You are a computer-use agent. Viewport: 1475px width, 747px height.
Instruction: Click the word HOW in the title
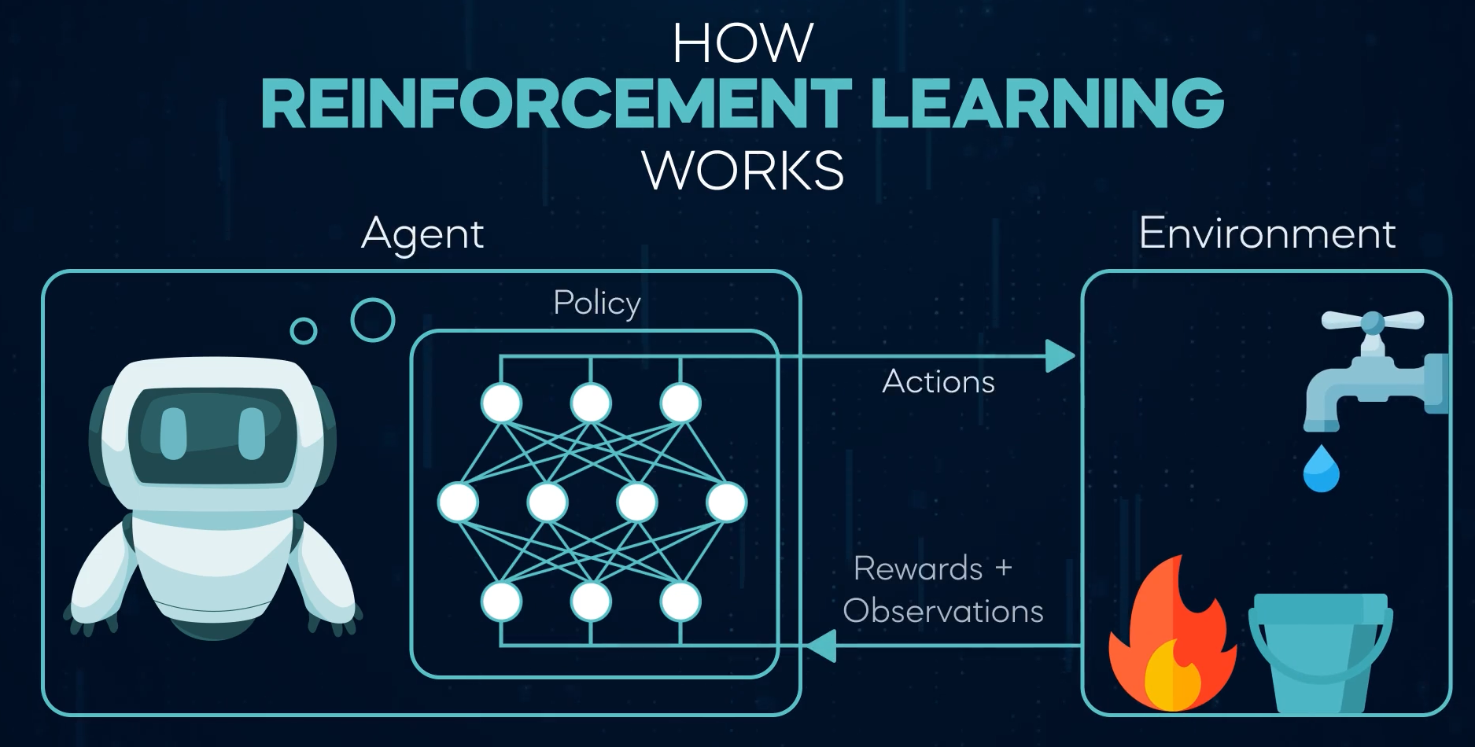tap(743, 44)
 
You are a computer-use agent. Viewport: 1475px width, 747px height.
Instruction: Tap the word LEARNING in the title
tap(1048, 104)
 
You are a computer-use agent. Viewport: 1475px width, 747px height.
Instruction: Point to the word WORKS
tap(743, 169)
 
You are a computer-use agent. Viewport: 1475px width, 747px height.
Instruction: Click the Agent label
tap(422, 234)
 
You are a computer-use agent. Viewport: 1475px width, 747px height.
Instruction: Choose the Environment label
tap(1267, 234)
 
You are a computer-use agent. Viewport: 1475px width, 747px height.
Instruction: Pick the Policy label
tap(597, 303)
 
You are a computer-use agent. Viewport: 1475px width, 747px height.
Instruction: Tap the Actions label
tap(938, 382)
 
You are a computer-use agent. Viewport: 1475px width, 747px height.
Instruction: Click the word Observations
tap(943, 611)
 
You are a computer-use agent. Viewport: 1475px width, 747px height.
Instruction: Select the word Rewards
tap(918, 569)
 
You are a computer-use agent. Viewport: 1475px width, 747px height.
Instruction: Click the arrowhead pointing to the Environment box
tap(1060, 356)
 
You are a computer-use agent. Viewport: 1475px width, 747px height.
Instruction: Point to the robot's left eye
tap(173, 432)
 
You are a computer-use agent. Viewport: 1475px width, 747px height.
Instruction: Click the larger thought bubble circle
tap(372, 320)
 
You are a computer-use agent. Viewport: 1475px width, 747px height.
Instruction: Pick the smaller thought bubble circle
tap(304, 331)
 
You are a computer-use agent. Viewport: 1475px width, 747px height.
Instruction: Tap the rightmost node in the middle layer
tap(726, 502)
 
